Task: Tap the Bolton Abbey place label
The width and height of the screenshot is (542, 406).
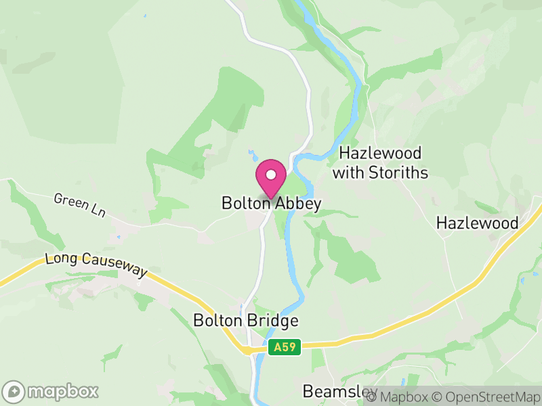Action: [x=271, y=203]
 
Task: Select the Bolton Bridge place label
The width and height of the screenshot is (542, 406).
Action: [x=245, y=320]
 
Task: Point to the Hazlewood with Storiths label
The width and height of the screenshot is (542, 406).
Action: [x=380, y=163]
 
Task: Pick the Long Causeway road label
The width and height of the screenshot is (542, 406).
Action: [x=96, y=265]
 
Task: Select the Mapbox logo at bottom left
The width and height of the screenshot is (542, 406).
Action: [x=51, y=391]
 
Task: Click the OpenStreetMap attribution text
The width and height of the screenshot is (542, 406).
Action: [x=486, y=397]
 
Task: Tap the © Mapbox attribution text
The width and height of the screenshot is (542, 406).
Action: [x=399, y=397]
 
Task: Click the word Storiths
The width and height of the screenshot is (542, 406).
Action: [x=399, y=173]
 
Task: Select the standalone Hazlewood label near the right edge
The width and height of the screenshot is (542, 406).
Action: [x=477, y=223]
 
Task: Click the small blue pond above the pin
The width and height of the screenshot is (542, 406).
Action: [x=252, y=154]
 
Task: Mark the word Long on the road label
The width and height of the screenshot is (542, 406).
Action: [x=58, y=259]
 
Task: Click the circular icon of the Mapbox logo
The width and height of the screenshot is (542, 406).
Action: [x=14, y=391]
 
